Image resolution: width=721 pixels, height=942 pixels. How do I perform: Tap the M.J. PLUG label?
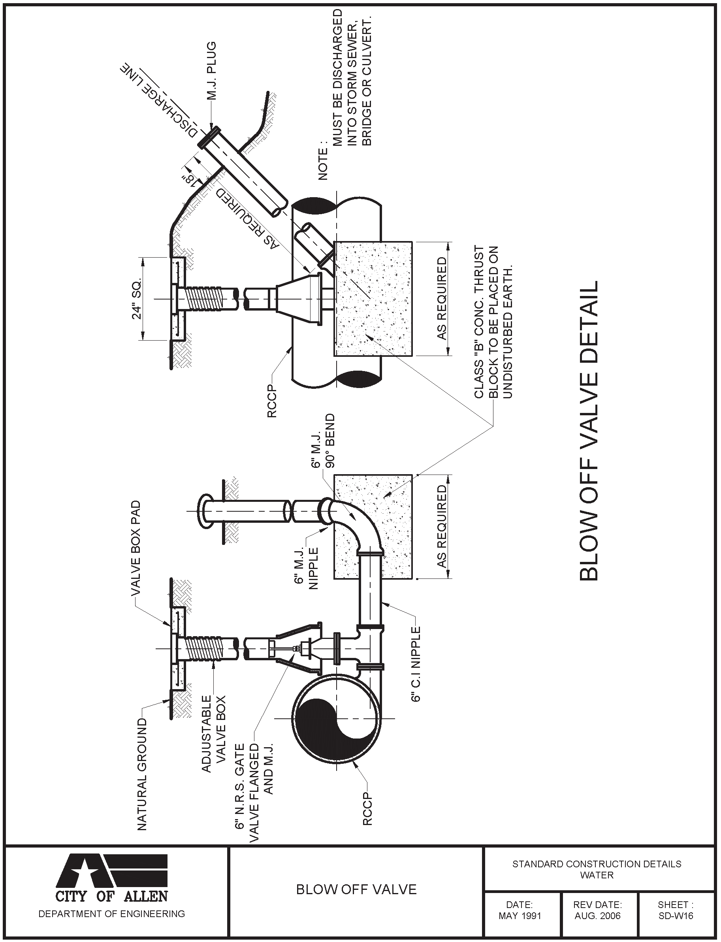(211, 71)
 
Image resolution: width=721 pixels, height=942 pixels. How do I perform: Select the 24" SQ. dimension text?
(136, 300)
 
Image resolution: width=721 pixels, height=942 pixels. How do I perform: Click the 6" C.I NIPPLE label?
(416, 663)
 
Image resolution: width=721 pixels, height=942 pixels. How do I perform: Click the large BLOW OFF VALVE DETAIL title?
(588, 431)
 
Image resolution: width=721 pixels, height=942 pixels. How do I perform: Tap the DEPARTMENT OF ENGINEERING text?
(111, 914)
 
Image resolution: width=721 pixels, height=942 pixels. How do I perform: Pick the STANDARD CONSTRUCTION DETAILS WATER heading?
(597, 869)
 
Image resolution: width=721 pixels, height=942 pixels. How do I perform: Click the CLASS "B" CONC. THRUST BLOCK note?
(493, 322)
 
